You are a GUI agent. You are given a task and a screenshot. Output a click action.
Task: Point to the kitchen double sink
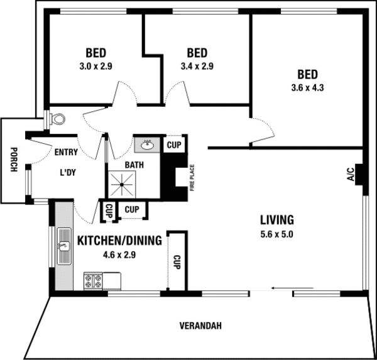point(65,246)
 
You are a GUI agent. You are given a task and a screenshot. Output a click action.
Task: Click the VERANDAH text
point(200,326)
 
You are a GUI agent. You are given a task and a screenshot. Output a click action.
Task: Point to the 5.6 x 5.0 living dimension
point(277,234)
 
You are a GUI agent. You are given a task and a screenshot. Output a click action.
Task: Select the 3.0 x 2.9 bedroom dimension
point(96,65)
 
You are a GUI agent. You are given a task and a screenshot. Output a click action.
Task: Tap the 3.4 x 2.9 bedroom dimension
point(197,65)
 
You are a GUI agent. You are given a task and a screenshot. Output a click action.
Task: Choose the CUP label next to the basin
point(173,145)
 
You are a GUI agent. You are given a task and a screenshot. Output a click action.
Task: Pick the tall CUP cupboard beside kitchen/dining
point(177,261)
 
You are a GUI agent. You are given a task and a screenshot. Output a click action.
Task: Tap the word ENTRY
point(66,152)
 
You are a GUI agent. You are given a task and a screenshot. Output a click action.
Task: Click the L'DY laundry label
point(67,173)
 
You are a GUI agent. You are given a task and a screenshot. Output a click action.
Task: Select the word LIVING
point(277,220)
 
